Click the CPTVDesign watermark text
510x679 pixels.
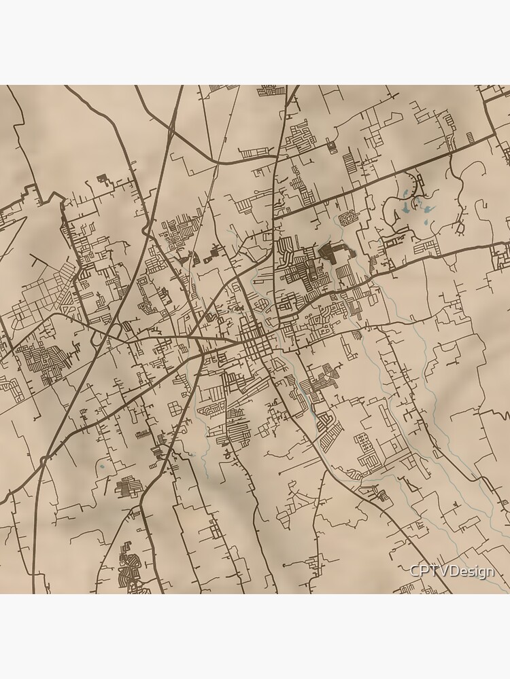452,572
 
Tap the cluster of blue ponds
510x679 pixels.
413,200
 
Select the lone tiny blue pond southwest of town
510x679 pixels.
101,467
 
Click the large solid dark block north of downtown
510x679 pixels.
333,253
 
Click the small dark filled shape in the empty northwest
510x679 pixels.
103,179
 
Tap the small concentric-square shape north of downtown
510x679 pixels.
331,145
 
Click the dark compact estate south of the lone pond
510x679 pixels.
127,487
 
